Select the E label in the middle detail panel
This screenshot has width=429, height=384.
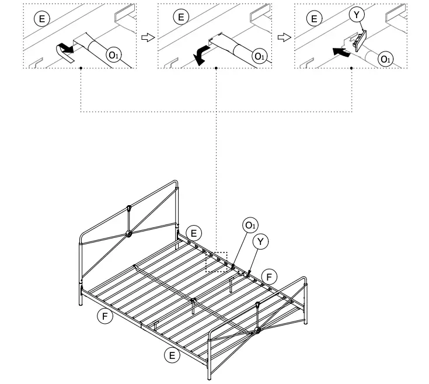(x=181, y=18)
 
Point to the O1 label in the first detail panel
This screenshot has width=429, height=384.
(x=113, y=56)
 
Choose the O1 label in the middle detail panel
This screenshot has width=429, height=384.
(x=259, y=56)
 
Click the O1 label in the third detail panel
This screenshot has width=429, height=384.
(x=386, y=58)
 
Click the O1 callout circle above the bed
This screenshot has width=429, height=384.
(x=250, y=226)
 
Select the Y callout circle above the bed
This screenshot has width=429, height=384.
(x=260, y=241)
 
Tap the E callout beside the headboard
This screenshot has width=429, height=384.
(x=194, y=233)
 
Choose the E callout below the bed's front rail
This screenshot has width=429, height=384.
(x=170, y=354)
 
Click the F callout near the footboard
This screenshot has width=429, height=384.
(x=269, y=275)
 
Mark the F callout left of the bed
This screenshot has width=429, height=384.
(x=105, y=316)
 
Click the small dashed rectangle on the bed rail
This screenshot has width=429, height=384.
(x=217, y=261)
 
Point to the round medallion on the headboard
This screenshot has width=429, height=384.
(x=130, y=234)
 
